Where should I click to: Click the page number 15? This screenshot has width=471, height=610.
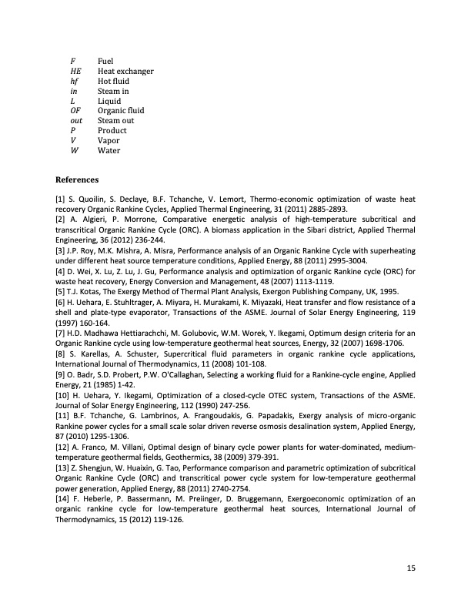click(x=411, y=568)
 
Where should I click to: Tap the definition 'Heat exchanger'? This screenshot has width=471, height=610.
click(x=125, y=71)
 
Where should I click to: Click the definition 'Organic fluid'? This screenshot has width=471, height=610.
click(x=121, y=111)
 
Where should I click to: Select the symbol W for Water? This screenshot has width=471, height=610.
click(x=73, y=151)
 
